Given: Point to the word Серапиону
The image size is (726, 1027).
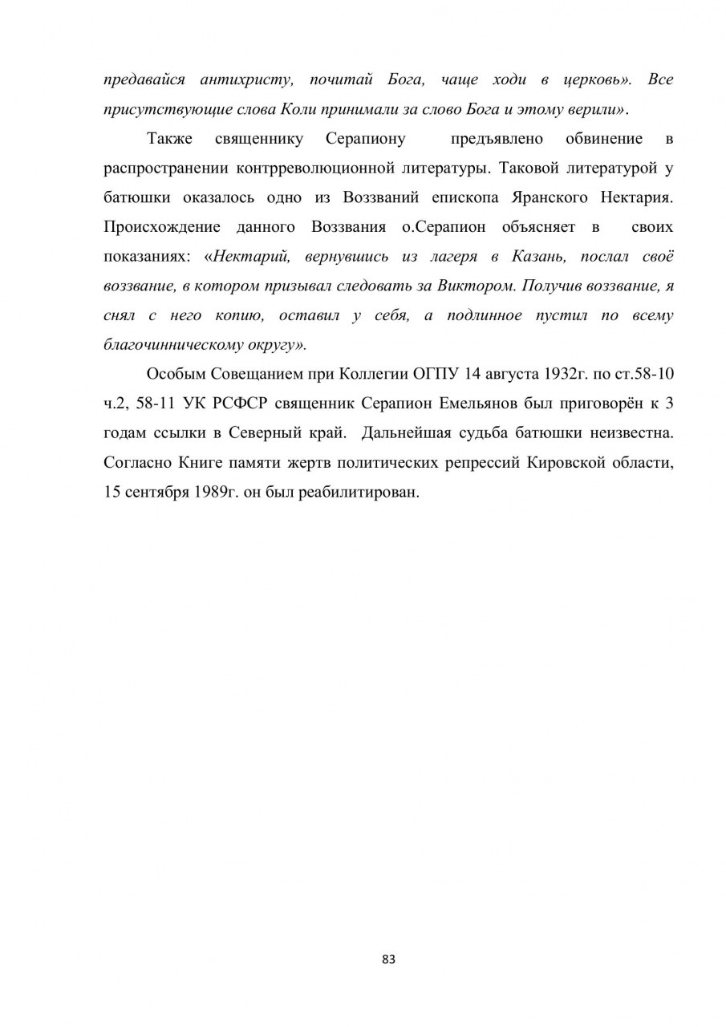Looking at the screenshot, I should pyautogui.click(x=366, y=139).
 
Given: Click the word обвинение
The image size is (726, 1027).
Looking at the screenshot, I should pyautogui.click(x=604, y=139).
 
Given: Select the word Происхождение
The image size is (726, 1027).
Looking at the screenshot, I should pyautogui.click(x=160, y=227).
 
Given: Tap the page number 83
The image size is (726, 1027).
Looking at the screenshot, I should pyautogui.click(x=389, y=959).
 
